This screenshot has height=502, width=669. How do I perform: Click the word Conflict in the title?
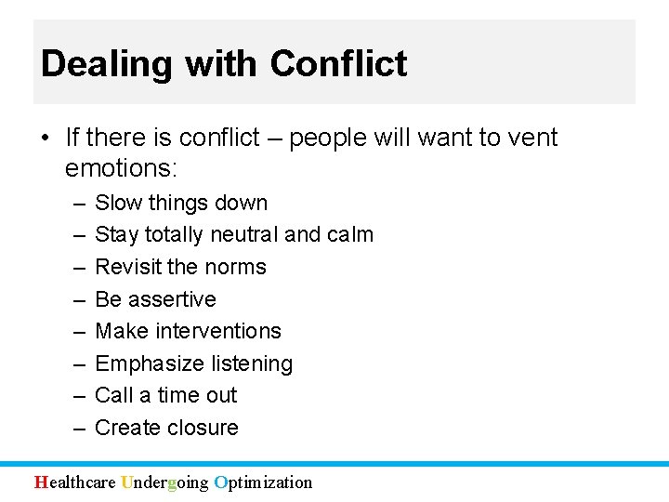[x=338, y=64]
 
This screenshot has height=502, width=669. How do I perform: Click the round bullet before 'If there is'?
[x=46, y=139]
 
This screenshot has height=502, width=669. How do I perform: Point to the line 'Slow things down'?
[x=181, y=203]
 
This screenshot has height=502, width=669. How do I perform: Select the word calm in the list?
[x=350, y=234]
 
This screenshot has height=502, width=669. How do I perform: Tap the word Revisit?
[x=128, y=267]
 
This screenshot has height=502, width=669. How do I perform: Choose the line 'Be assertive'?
[x=155, y=299]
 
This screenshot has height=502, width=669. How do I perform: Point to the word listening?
[x=253, y=363]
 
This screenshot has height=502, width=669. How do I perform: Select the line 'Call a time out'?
[x=166, y=395]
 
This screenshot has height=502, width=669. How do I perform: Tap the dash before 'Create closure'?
[x=76, y=428]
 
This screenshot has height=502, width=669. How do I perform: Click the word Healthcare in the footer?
[x=75, y=482]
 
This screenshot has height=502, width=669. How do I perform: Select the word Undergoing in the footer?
[x=164, y=482]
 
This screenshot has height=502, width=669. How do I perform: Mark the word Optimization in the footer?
[x=263, y=482]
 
